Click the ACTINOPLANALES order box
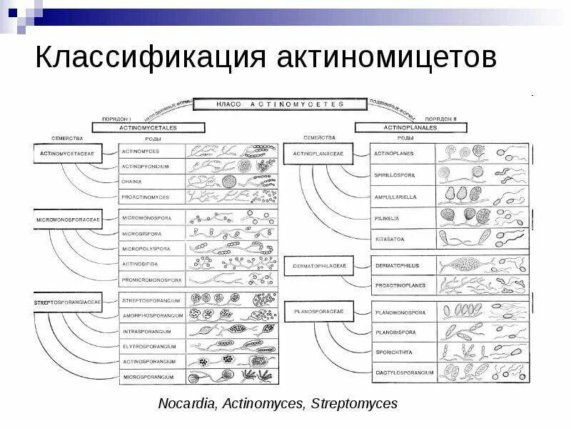click(410, 127)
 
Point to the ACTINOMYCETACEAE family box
click(68, 152)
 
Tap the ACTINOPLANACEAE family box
click(323, 152)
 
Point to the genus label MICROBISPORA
click(142, 233)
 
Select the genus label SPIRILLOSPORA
click(395, 174)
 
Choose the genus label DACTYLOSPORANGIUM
click(403, 372)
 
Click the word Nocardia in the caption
click(188, 404)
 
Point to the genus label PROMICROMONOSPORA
click(151, 280)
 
